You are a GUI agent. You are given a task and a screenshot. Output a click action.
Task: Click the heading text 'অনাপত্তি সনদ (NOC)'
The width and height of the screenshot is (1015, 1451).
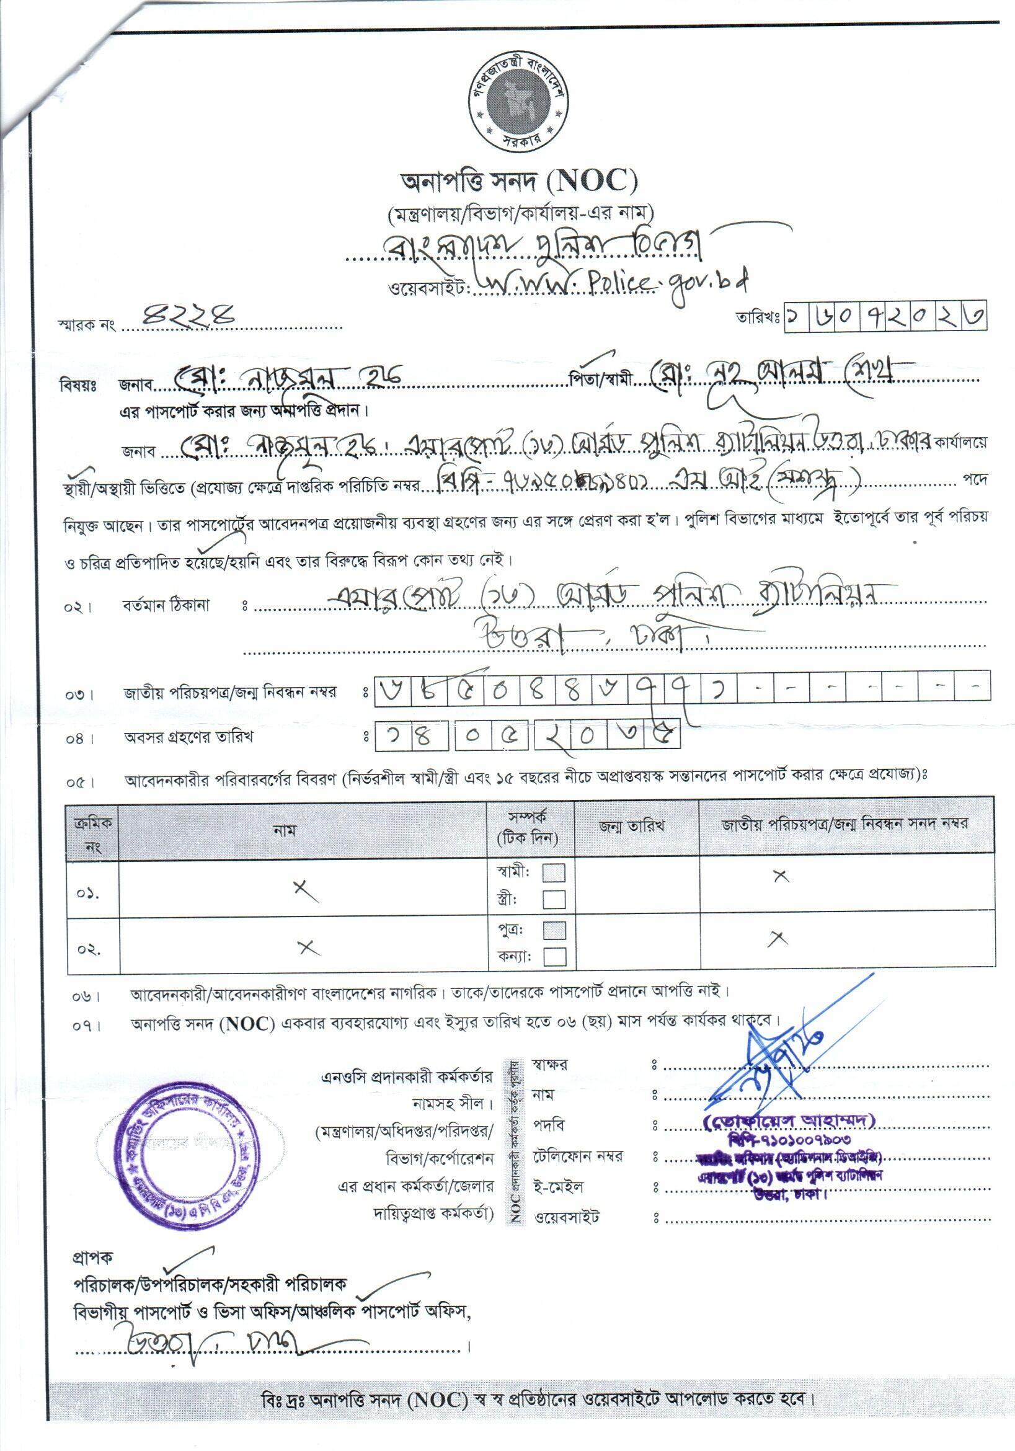click(520, 183)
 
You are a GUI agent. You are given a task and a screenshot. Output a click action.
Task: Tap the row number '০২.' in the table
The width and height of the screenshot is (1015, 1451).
click(90, 950)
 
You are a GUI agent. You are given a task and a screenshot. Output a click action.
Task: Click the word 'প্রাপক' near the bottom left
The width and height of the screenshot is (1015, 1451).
click(92, 1258)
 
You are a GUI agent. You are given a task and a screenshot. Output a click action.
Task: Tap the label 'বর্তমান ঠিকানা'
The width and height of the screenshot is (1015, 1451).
click(166, 606)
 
